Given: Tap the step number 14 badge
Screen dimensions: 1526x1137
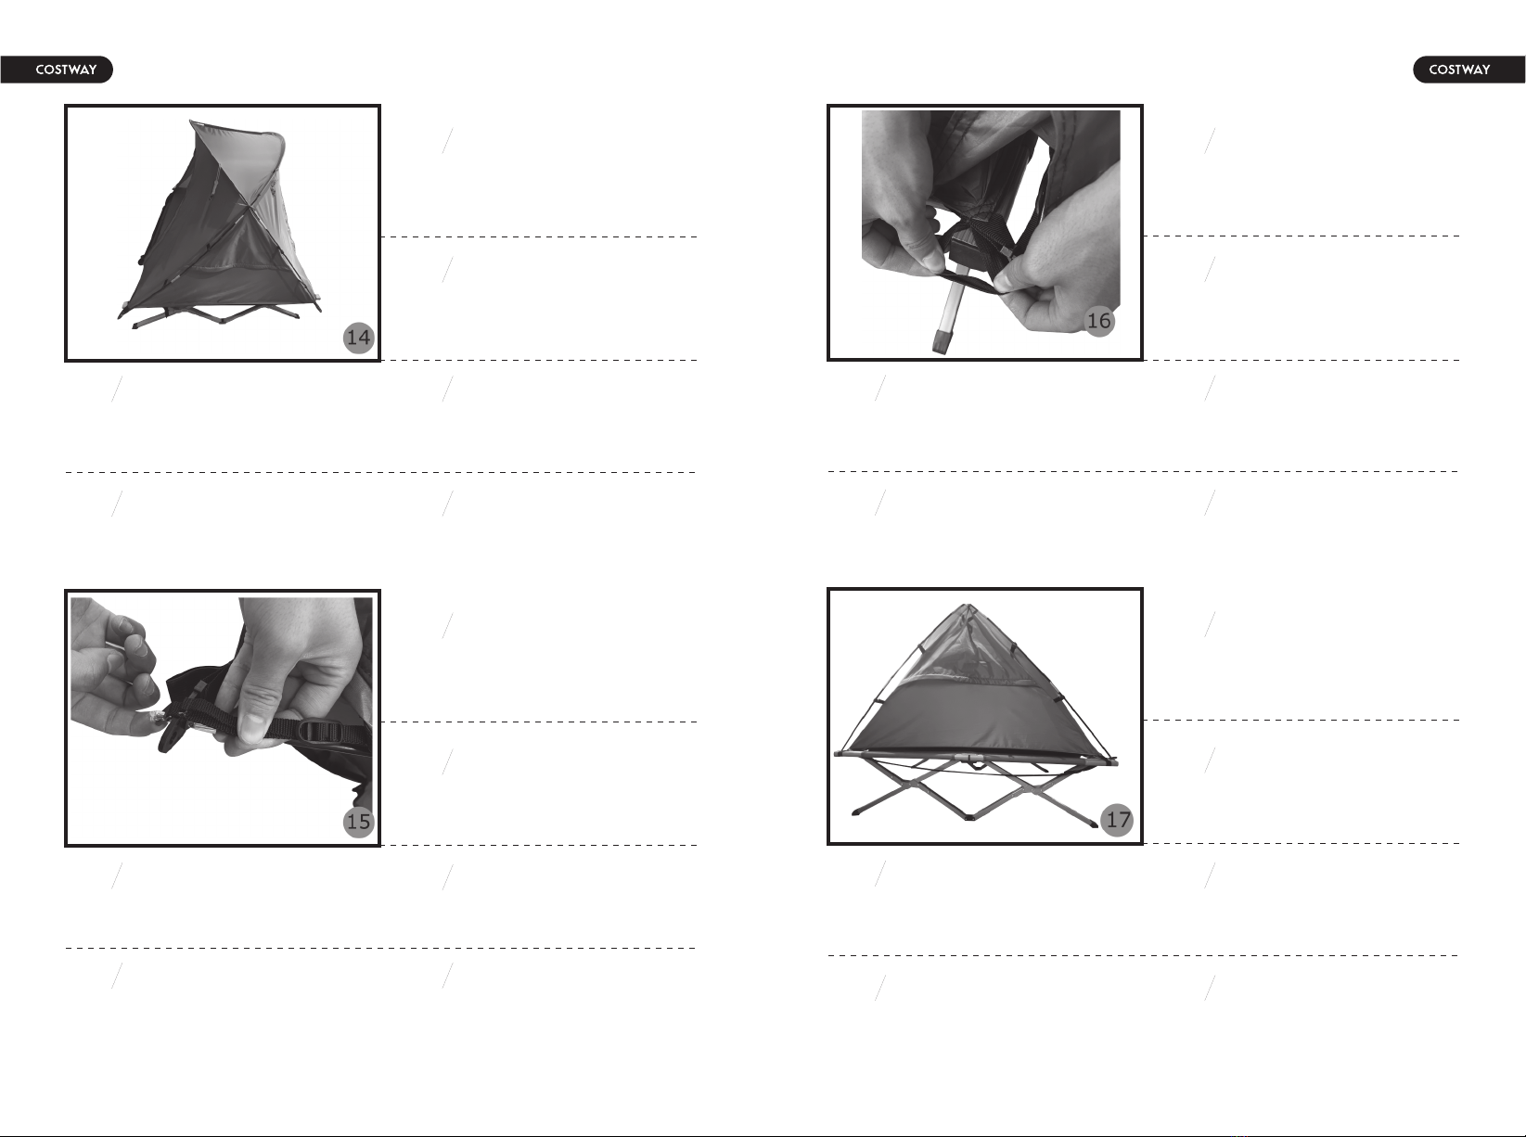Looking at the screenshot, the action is (x=359, y=338).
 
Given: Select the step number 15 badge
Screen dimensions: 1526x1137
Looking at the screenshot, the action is (x=359, y=823).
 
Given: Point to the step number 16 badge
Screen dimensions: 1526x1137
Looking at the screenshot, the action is (x=1099, y=321).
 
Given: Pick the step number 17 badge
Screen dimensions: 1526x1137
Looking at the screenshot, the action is (x=1118, y=820).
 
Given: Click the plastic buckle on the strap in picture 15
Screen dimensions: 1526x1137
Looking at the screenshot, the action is (x=320, y=733).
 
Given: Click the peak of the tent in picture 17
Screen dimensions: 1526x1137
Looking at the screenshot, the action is (x=967, y=606).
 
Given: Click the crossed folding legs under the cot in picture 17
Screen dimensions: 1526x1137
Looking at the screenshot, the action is (x=973, y=792).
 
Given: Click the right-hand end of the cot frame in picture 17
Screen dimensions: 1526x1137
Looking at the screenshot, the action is (x=1111, y=760).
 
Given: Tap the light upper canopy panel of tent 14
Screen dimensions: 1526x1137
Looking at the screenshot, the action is (x=240, y=160).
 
